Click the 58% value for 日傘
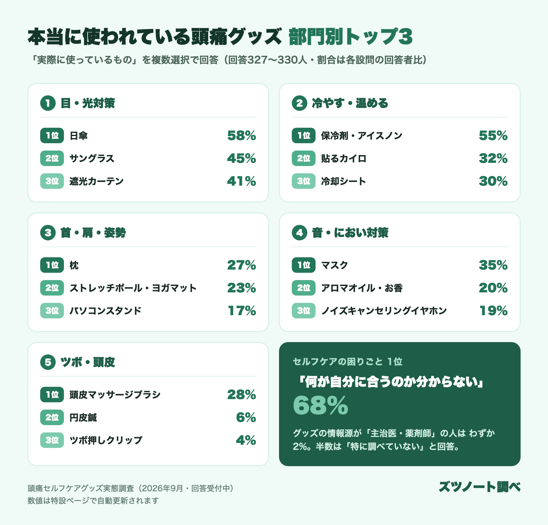pos(242,135)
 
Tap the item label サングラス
pos(92,158)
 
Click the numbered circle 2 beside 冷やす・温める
pos(299,103)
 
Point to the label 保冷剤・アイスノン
pos(361,135)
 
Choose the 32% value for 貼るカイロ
pos(493,158)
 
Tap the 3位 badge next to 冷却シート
pos(304,181)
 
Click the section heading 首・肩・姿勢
pos(93,233)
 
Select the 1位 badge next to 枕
pos(52,265)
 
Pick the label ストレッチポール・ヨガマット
pos(133,288)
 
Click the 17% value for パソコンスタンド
pos(242,311)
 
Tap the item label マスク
pos(334,265)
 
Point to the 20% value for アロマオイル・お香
pos(493,288)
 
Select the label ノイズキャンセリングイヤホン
pos(384,311)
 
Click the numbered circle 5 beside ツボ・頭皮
pos(48,362)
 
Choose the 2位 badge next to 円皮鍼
pos(52,417)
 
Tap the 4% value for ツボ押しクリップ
pos(246,440)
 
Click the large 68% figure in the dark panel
pos(320,405)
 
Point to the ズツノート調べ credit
pos(479,487)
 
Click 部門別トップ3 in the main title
pos(351,36)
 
